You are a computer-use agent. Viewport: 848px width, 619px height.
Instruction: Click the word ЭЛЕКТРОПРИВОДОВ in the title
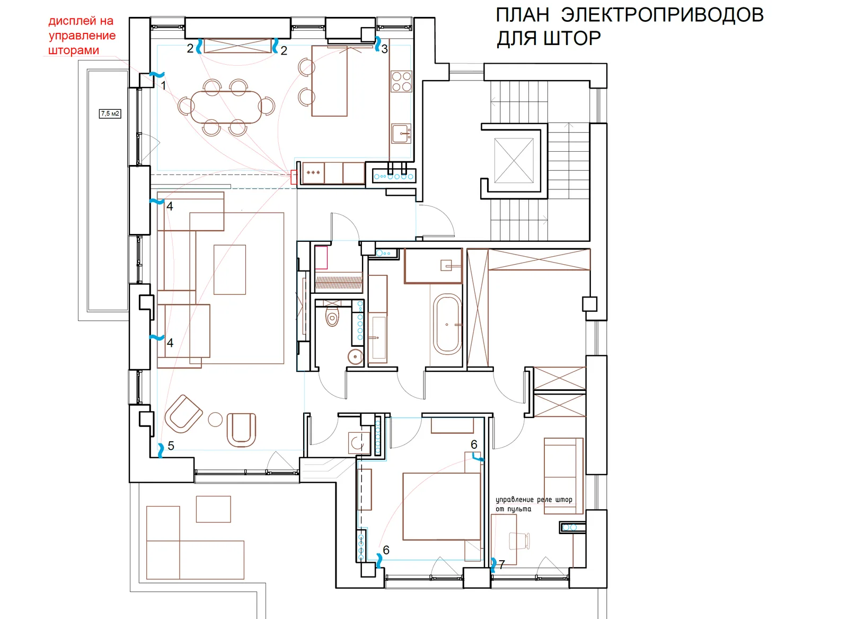[x=662, y=15]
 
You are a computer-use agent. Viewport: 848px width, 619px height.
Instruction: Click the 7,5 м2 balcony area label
[x=110, y=114]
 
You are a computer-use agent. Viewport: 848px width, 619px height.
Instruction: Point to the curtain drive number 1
[x=164, y=85]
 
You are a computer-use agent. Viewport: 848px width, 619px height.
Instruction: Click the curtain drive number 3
[x=385, y=49]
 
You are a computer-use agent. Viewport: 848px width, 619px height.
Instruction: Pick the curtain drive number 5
[x=171, y=446]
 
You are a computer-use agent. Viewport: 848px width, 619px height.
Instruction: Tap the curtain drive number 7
[x=501, y=565]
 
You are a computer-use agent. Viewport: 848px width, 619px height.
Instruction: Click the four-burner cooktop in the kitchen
[x=401, y=81]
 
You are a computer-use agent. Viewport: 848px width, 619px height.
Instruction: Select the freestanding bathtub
[x=448, y=324]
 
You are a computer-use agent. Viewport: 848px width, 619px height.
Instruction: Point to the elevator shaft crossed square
[x=514, y=161]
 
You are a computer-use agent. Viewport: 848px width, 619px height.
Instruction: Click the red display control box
[x=294, y=177]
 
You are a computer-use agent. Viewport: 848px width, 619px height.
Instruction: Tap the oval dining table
[x=226, y=107]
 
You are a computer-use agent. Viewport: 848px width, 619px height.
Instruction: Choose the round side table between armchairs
[x=215, y=420]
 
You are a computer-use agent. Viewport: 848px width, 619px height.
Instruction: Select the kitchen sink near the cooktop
[x=401, y=134]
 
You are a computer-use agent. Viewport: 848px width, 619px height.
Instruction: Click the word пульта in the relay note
[x=519, y=510]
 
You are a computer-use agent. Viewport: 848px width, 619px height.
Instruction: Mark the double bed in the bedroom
[x=441, y=506]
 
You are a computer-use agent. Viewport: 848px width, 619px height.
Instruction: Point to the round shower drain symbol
[x=356, y=356]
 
